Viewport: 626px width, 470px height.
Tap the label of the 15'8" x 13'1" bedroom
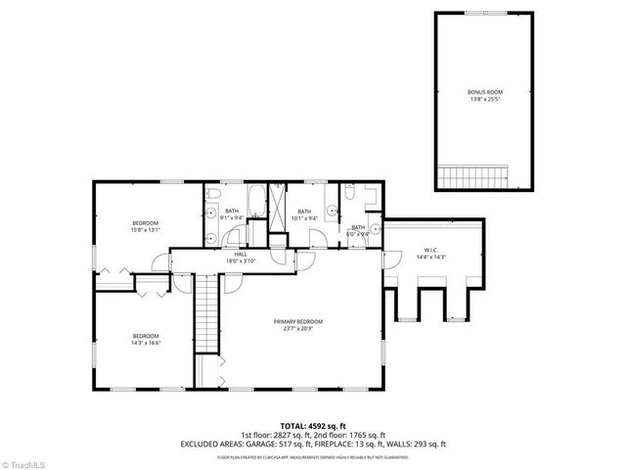[x=145, y=223]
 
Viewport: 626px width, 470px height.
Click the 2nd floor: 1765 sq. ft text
[x=350, y=435]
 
